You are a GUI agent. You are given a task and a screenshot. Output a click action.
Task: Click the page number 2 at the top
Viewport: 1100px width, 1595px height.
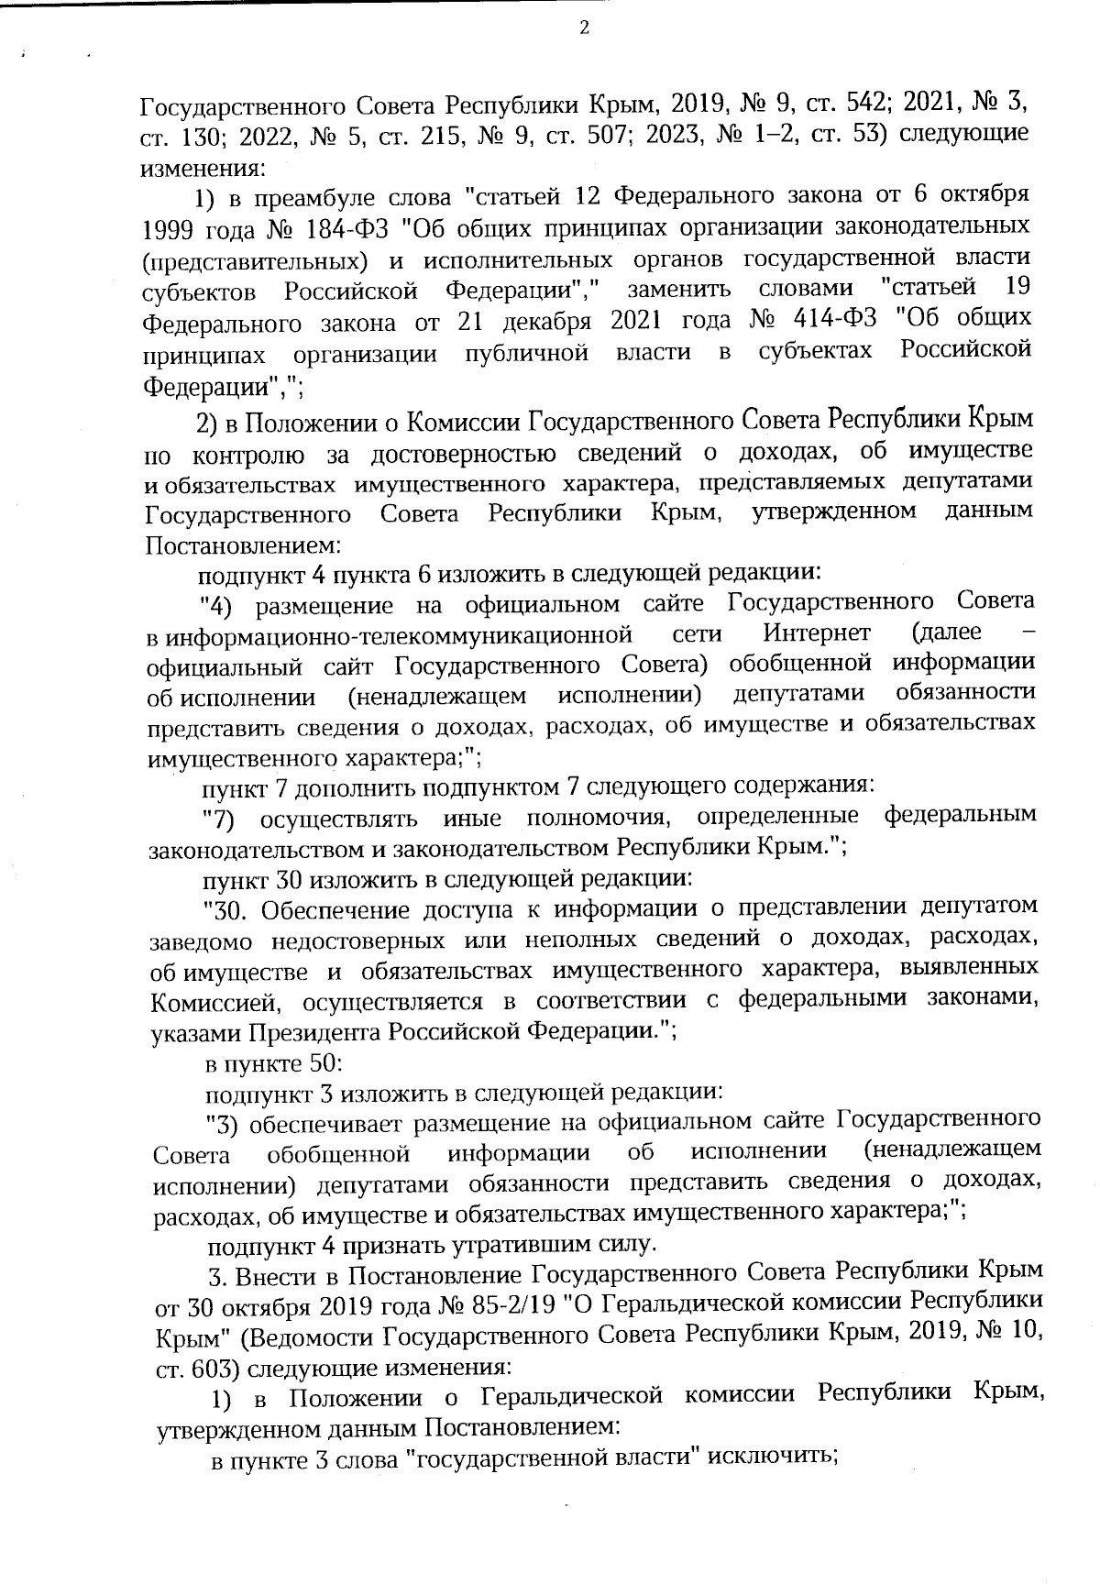click(x=584, y=28)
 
